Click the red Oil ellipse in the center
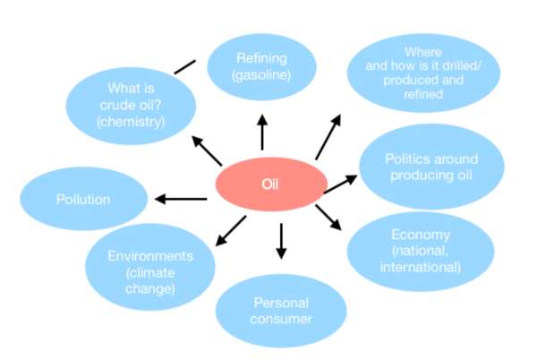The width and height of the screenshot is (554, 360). [x=271, y=184]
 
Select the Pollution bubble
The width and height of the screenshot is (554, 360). [x=84, y=199]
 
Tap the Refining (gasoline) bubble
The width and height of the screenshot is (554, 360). [x=261, y=67]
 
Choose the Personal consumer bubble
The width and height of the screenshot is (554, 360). [x=281, y=311]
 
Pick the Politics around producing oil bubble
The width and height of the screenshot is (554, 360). [x=431, y=167]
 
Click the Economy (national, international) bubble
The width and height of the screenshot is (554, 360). [x=421, y=252]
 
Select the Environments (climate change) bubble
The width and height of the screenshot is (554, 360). [x=150, y=267]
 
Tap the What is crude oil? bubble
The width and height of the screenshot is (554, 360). [x=131, y=106]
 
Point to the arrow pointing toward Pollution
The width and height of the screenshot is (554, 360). [x=181, y=199]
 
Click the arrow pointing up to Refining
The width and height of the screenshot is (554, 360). [x=262, y=133]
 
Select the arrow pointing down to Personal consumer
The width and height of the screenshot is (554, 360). [x=281, y=241]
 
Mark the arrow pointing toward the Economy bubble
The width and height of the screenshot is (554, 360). [x=328, y=218]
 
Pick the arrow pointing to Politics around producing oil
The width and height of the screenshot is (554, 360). [x=341, y=184]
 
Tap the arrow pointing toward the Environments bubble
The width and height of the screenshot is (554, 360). [x=231, y=231]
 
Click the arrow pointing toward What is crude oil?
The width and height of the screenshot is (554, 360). [x=207, y=150]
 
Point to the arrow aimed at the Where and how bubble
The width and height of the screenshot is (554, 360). [x=328, y=137]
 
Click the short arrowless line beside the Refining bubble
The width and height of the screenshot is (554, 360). [x=184, y=67]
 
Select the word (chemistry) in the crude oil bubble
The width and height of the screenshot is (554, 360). [x=131, y=122]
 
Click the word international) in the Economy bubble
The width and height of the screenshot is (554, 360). [x=421, y=267]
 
